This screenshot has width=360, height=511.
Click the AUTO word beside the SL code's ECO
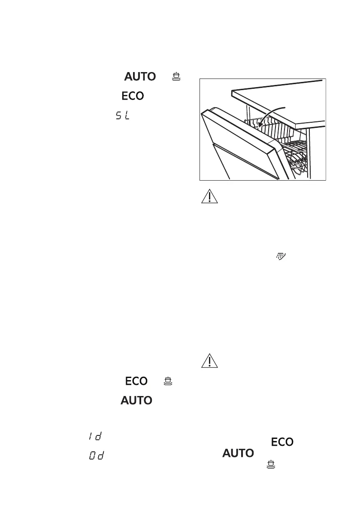point(140,77)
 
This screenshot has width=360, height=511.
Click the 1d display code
point(95,436)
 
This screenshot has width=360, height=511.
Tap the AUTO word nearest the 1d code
point(136,401)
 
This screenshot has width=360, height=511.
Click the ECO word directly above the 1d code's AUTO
point(136,381)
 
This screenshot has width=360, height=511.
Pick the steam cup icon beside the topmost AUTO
point(176,77)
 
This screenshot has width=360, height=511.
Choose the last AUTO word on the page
point(237,453)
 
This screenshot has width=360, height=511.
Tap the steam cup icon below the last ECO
point(271,463)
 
